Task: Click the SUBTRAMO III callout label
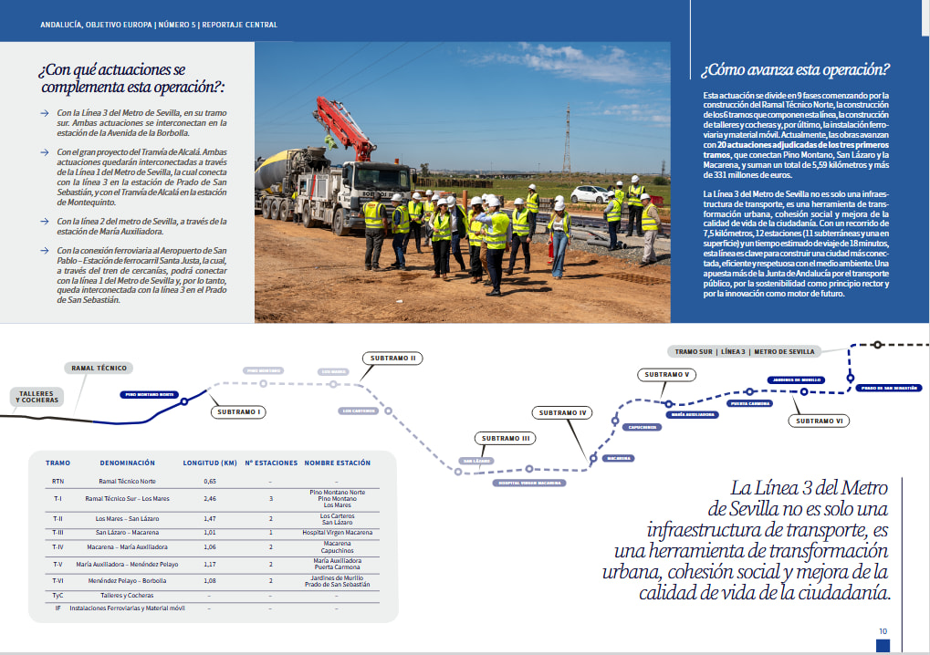[503, 439]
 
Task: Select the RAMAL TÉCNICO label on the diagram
[99, 369]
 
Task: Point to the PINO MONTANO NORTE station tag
[149, 395]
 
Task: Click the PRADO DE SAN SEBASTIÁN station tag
[889, 388]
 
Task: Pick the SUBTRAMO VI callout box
[820, 421]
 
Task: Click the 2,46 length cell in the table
[210, 499]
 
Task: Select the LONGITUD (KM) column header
[210, 463]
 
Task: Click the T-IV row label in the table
[57, 547]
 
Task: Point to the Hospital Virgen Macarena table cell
[337, 532]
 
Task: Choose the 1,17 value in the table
[210, 565]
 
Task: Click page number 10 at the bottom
[883, 631]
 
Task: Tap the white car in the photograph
[590, 193]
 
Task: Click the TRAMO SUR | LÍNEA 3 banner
[742, 351]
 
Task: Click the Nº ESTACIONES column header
[271, 463]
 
